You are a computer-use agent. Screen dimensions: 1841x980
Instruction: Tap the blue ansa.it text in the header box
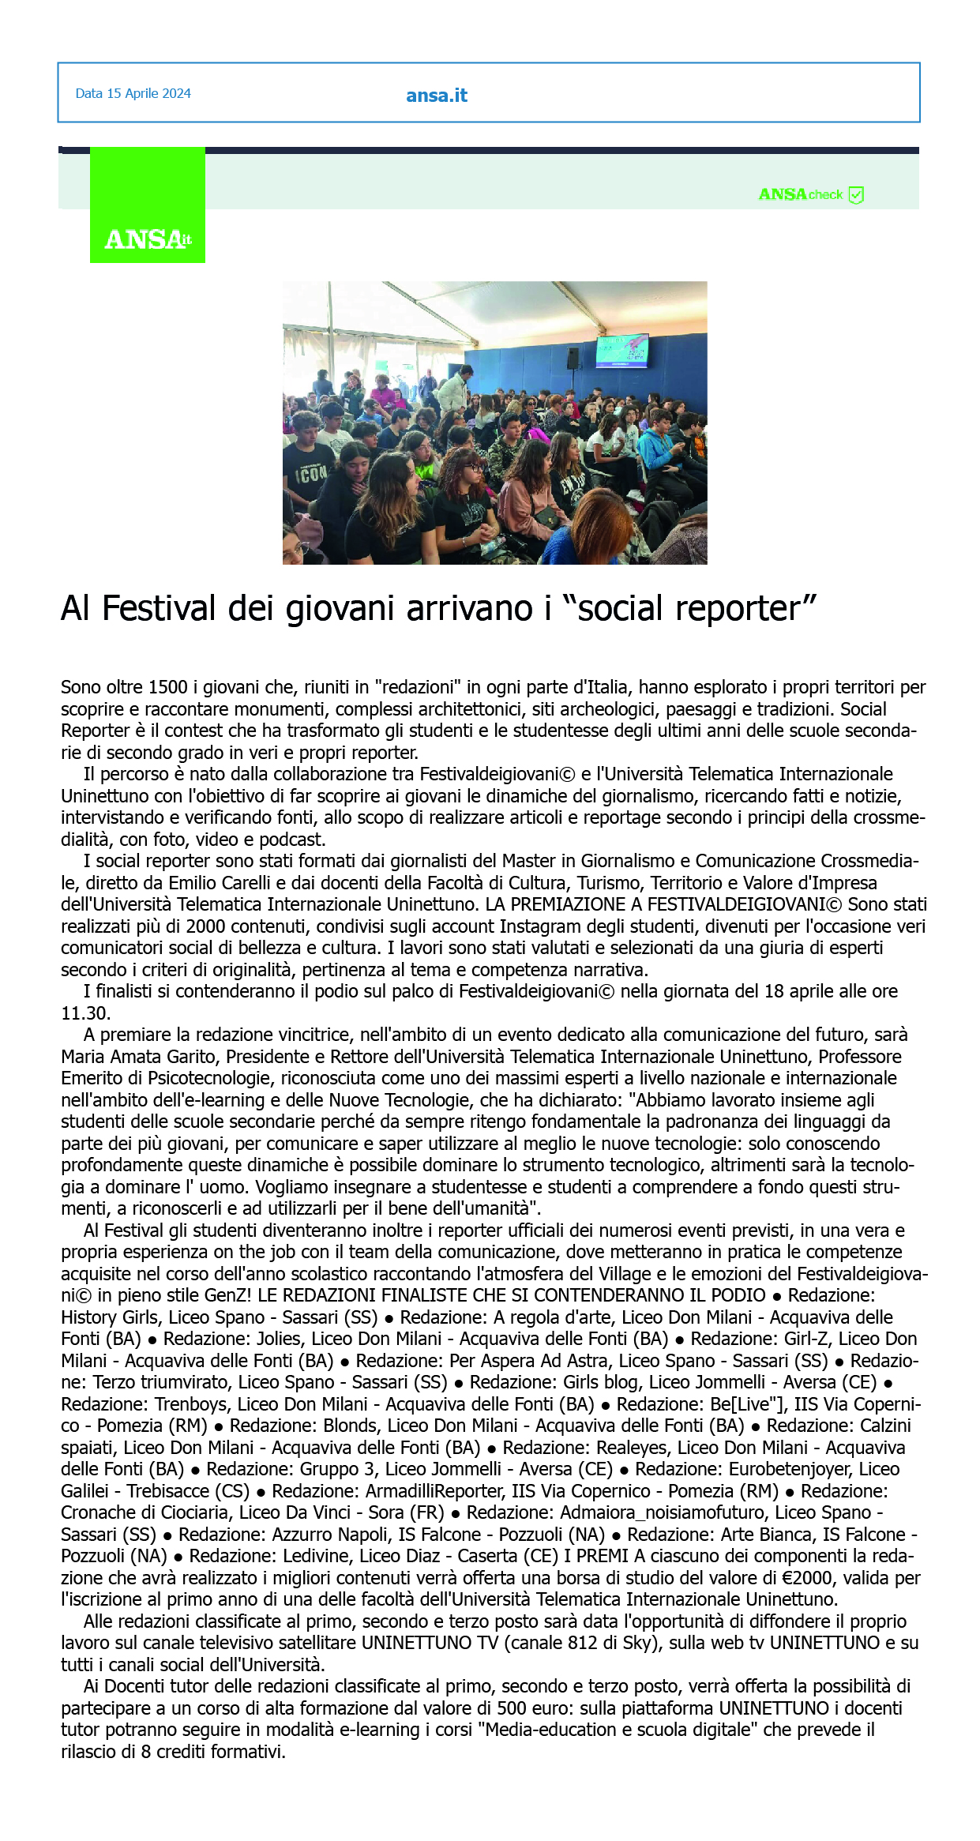436,96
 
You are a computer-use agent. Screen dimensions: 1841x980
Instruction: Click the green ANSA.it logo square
148,205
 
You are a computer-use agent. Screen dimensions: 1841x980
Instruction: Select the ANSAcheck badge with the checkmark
811,194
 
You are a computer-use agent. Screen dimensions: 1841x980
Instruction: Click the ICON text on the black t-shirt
310,475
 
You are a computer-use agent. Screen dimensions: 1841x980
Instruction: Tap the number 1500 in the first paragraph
168,687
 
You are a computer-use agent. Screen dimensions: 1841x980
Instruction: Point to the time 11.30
85,1013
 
